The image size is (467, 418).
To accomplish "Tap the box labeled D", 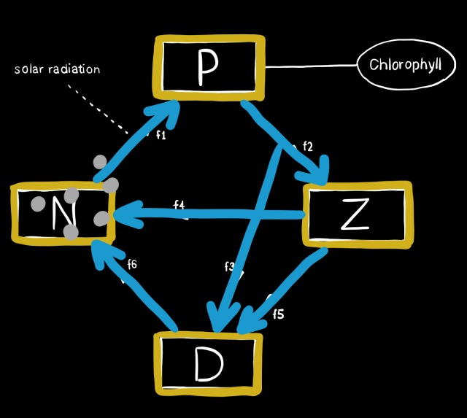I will coord(207,364).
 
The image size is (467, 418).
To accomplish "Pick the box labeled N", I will coord(63,213).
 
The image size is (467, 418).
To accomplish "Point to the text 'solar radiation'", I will coord(57,69).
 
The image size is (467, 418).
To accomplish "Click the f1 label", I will coord(162,135).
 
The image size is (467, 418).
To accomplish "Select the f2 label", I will coord(307,147).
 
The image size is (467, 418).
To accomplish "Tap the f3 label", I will coord(229,267).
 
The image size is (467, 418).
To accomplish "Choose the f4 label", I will coord(179,206).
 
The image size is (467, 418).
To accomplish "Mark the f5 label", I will coord(278,314).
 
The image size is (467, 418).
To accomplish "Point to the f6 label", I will coord(132,264).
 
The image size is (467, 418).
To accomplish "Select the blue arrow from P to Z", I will coord(285,142).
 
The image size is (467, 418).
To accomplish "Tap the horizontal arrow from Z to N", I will coord(212,214).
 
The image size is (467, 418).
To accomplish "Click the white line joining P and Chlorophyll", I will coord(309,66).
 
